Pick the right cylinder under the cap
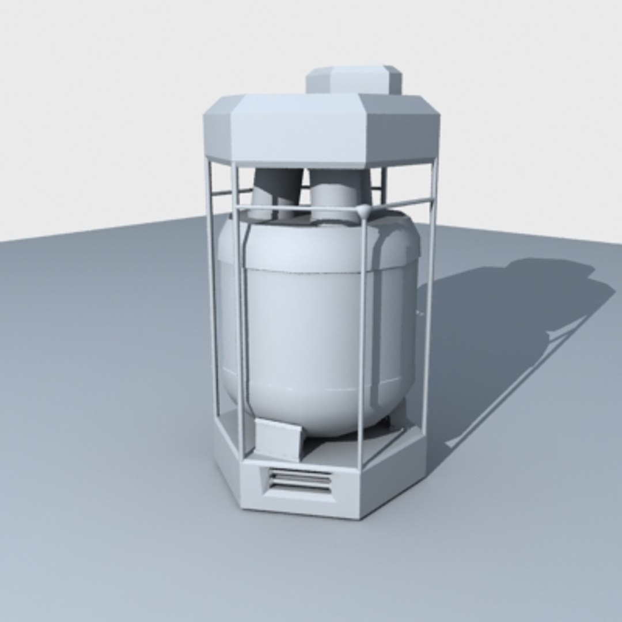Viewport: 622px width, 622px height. point(337,193)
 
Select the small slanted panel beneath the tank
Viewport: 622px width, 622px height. point(278,438)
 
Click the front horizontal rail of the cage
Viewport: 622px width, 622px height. point(299,207)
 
